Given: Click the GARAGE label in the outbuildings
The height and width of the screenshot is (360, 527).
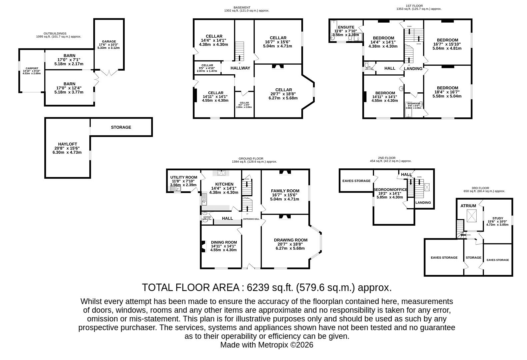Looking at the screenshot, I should coord(109,41).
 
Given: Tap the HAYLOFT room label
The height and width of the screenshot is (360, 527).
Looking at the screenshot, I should coord(67,144).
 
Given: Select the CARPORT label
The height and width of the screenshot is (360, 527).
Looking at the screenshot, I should coord(32,68).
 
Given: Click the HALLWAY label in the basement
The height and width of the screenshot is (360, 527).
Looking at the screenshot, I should coord(240,68).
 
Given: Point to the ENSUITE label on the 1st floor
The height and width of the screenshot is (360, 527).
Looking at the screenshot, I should coord(346,27).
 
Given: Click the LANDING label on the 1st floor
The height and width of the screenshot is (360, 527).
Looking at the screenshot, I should coord(413,69).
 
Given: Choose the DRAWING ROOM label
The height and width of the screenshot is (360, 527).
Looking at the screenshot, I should coord(290,240).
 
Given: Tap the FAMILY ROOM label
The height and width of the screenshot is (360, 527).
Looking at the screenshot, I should coord(284,191).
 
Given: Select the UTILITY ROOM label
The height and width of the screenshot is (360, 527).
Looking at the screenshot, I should coord(183,177).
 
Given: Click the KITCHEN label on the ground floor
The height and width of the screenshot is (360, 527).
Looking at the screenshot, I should coord(224,184).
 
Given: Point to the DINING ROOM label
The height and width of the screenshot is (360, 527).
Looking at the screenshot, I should coord(224,242).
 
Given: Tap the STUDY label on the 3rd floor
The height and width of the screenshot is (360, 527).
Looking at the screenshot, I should coord(497,218).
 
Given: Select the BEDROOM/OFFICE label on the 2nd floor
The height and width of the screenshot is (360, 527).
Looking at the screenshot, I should coord(390,190).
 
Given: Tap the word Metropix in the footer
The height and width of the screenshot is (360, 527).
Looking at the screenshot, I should coord(273,345).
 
